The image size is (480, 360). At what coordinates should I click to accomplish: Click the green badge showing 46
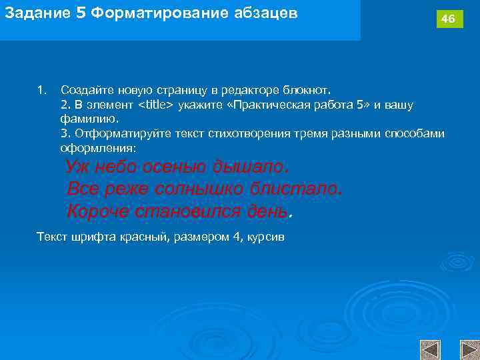449,19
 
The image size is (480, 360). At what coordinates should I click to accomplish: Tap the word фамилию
89,119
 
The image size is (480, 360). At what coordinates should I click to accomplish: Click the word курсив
267,237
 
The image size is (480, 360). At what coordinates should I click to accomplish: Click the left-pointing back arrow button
431,350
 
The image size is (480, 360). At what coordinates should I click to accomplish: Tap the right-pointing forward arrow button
469,350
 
